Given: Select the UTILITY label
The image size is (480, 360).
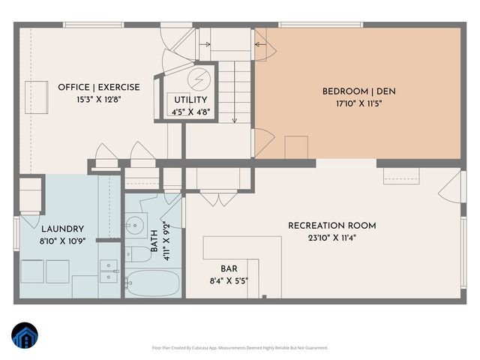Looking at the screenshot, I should point(190,100).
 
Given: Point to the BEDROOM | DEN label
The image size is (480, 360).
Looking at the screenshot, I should point(358,91).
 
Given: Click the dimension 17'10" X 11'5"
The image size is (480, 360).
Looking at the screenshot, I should point(358,103).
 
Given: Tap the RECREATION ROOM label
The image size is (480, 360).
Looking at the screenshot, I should point(332,226).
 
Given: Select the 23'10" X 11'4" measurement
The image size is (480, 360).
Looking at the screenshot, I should point(332,238).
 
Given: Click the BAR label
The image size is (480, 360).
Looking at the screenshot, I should point(229,268).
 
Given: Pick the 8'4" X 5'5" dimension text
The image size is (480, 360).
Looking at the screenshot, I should point(229,280).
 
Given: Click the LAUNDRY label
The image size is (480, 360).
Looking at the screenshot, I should point(63,229).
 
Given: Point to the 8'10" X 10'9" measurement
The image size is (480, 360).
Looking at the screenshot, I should point(63,241).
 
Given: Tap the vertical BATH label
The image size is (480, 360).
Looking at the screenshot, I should point(154,241).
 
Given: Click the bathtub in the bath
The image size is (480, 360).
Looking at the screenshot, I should point(152,283).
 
